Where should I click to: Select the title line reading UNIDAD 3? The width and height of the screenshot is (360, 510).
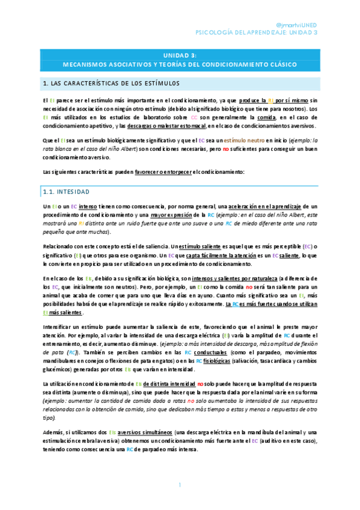pos(180,53)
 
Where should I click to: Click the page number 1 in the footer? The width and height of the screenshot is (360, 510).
pos(180,485)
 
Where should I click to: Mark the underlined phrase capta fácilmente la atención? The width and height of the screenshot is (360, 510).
pos(227,256)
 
